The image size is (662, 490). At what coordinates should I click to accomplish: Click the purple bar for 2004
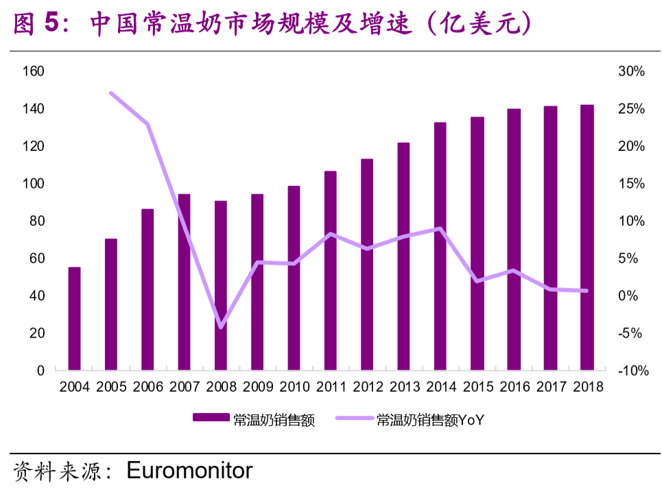coord(74,318)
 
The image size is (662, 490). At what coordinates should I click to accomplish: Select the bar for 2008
coord(221,285)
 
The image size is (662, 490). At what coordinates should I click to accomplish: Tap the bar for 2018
coord(587,237)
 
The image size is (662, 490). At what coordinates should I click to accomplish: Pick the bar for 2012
coord(367,264)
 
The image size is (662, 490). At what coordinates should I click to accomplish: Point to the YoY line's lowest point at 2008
coord(221,327)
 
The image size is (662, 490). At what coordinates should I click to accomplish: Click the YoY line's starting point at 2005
coord(111,93)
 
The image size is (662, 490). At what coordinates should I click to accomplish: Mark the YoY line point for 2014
coord(440,229)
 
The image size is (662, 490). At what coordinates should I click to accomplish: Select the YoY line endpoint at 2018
coord(586,290)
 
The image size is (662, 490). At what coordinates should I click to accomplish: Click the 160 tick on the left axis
coord(34,71)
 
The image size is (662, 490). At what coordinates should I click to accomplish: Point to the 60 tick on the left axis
coord(37,258)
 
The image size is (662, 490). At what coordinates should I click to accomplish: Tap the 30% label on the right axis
coord(631,71)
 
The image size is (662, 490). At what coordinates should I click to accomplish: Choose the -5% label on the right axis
coord(630,333)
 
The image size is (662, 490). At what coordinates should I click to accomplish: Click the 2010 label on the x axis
coord(294,386)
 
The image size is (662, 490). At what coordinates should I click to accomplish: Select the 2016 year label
coord(515,386)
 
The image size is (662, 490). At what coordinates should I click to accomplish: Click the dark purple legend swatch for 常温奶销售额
coord(211,417)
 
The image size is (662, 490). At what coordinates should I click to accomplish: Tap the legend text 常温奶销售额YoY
coord(430,420)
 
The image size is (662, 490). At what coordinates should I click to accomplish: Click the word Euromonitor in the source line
coord(189,471)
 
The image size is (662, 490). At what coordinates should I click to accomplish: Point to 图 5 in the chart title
coord(36,23)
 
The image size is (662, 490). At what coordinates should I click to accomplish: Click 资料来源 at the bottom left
coord(57,471)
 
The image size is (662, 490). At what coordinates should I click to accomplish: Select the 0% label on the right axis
coord(628,295)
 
